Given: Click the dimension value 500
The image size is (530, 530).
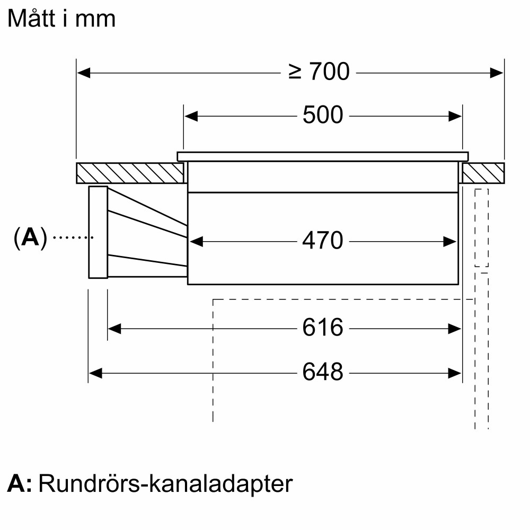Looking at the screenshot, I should [x=323, y=115].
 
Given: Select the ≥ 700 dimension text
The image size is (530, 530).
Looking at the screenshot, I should [x=320, y=72].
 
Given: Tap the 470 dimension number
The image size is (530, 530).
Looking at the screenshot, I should [x=323, y=241].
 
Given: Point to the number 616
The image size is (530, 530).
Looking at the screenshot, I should [x=323, y=328].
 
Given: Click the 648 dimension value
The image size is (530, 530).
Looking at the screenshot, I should [x=323, y=373].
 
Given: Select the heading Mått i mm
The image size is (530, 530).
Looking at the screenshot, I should [x=61, y=19].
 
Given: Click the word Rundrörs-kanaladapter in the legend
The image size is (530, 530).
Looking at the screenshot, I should [x=165, y=484].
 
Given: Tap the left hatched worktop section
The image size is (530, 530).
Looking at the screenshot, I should [x=130, y=173].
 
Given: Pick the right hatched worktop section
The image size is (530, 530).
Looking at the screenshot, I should [x=483, y=173].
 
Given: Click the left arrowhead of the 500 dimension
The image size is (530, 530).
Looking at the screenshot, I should [x=191, y=116].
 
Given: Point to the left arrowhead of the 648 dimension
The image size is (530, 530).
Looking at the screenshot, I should [x=95, y=373].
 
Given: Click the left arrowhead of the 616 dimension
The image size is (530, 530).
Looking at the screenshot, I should [x=114, y=329].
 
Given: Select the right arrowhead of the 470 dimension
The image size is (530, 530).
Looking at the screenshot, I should [x=450, y=242].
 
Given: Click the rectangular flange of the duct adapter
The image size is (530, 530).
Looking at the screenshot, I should [x=98, y=232].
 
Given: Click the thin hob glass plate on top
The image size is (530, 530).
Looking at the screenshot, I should [x=322, y=156].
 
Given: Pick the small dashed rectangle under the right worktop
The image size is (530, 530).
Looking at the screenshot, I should [x=481, y=227].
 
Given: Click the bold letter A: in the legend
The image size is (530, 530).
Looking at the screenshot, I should [x=20, y=484].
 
